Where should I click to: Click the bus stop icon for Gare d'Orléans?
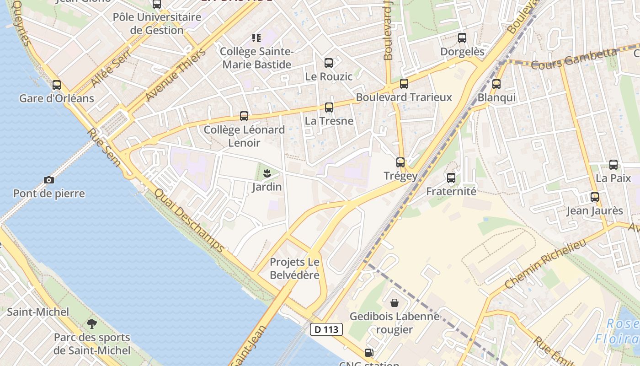coord(57,85)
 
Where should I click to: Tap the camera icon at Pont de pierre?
coord(49,180)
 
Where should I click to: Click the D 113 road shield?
coord(326,329)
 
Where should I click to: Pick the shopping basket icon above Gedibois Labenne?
coord(395,303)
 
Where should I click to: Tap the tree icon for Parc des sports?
coord(92,324)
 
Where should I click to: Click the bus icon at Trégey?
coord(400,162)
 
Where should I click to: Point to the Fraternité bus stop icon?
coord(451,178)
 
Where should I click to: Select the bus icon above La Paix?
coord(613,165)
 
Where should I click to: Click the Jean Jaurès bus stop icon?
coord(595,197)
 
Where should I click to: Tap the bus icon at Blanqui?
coord(496,84)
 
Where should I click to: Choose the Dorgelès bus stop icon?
coord(462,38)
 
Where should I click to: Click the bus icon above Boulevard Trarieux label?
coord(404,84)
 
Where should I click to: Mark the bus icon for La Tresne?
coord(329,108)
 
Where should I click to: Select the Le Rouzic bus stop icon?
coord(329,63)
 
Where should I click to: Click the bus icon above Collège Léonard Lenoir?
coord(244,116)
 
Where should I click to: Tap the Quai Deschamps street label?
coord(189,221)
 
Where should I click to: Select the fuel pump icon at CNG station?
coord(369,353)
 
